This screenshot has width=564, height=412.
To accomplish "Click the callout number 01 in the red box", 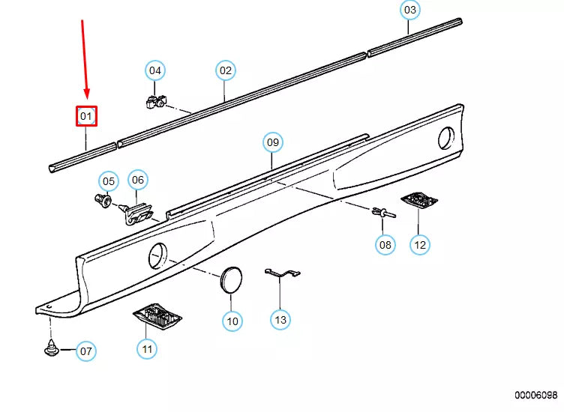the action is click(x=86, y=116).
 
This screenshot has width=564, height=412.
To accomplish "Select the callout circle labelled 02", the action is click(x=226, y=70).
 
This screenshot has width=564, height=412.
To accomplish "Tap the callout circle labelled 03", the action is click(x=410, y=10).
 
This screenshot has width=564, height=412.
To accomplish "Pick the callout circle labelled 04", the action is click(x=155, y=70).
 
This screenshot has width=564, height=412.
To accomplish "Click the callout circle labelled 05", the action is click(x=109, y=181).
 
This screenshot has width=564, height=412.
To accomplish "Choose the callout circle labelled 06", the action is click(x=138, y=180).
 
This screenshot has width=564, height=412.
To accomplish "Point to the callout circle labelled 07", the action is click(x=86, y=351).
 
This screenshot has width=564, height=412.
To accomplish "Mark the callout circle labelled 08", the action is click(x=385, y=245).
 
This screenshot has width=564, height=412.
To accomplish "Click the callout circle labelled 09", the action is click(x=273, y=142).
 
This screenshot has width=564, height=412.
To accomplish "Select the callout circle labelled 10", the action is click(x=232, y=321).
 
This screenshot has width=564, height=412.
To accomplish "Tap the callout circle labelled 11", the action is click(x=147, y=349).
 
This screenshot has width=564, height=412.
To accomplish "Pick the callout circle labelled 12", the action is click(x=420, y=245).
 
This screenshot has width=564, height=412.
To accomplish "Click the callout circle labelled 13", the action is click(x=280, y=319).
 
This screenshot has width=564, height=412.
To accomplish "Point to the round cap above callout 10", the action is click(x=230, y=280).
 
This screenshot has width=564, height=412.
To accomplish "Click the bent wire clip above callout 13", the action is click(x=282, y=273).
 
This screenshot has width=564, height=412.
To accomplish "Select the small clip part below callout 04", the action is click(x=156, y=102).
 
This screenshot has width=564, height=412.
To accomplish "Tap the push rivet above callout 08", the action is click(x=383, y=213).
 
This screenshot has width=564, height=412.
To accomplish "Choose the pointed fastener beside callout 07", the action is click(x=52, y=348).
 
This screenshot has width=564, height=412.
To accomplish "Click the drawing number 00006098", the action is click(x=535, y=395).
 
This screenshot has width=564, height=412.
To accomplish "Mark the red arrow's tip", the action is click(x=87, y=98).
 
